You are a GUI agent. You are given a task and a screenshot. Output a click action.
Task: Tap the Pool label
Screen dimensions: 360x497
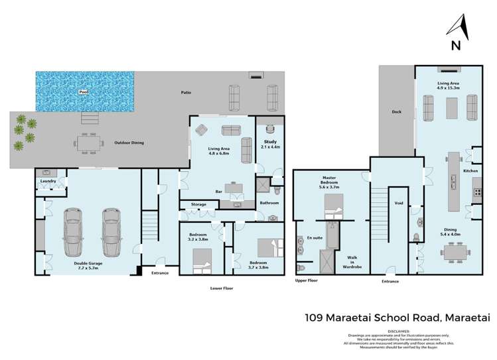point(83,92)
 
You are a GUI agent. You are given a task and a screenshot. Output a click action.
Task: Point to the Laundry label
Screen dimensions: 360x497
point(47,180)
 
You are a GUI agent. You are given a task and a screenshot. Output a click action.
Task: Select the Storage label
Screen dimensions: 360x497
point(198,204)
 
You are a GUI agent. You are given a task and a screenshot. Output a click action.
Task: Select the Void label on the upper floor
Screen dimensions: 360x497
point(399,204)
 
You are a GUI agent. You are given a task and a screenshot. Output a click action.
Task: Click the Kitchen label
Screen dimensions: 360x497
point(470,171)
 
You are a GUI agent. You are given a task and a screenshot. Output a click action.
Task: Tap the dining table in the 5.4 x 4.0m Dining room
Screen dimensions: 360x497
point(456,253)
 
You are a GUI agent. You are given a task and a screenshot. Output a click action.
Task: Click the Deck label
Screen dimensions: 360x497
point(396,112)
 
